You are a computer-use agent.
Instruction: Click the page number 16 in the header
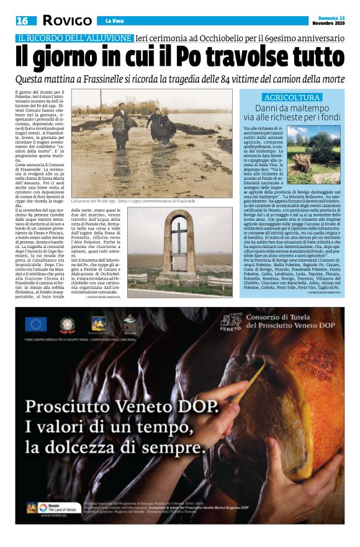click(x=22, y=20)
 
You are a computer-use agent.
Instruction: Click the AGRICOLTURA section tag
click(x=291, y=97)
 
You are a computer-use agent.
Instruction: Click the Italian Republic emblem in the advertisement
click(x=67, y=323)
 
